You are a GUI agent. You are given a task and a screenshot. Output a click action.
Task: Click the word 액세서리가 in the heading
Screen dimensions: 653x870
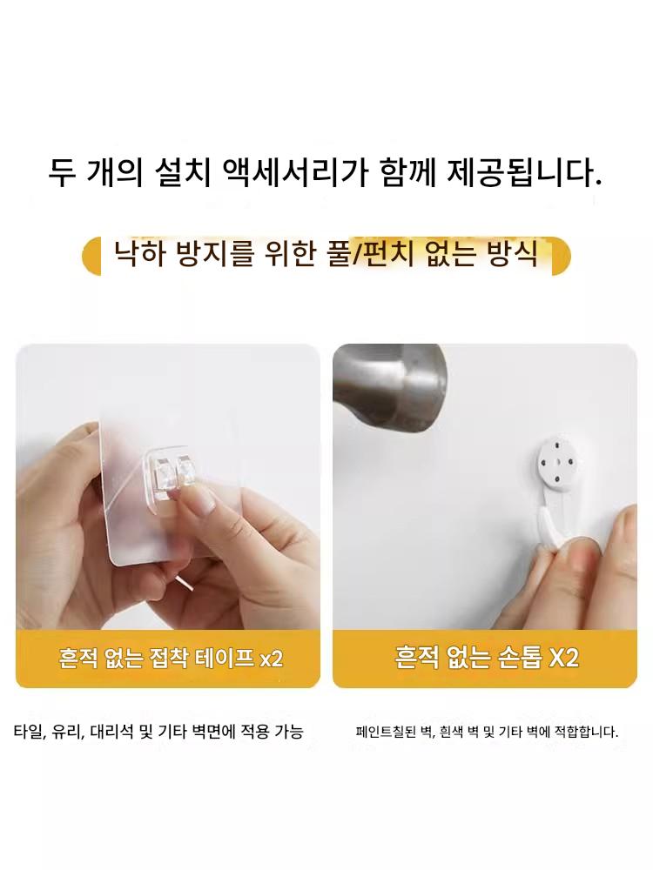tap(295, 172)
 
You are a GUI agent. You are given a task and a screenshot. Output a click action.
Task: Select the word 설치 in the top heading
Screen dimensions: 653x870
tap(185, 172)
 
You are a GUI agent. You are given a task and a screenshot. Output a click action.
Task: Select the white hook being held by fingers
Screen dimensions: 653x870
tap(548, 519)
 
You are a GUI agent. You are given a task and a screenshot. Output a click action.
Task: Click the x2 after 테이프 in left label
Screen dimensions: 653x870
tap(272, 659)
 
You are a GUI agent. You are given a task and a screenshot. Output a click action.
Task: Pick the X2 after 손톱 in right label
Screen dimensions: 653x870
tap(563, 658)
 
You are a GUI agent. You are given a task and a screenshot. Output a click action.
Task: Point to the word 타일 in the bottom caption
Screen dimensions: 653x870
tap(28, 732)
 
